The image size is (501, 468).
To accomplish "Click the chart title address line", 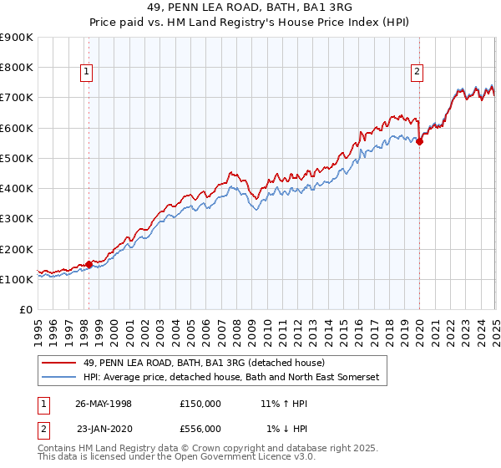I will tap(250, 9).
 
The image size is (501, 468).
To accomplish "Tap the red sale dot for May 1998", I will tap(89, 264).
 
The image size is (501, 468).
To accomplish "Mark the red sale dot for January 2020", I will tap(419, 141).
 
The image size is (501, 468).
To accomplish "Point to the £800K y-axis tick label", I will tap(16, 68).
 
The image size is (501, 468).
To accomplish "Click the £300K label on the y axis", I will tap(16, 219).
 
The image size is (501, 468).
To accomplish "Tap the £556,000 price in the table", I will tap(200, 428).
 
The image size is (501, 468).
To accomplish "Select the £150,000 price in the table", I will tap(200, 403).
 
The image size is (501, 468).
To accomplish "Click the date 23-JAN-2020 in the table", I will tap(103, 428).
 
